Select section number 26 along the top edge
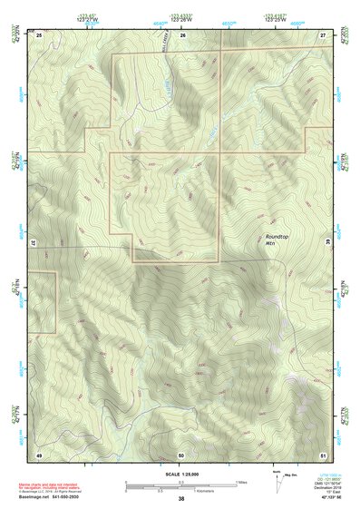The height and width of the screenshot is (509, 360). click(x=182, y=34)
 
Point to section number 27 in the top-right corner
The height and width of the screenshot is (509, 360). click(x=323, y=34)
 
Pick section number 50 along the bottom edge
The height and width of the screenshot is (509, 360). click(x=181, y=454)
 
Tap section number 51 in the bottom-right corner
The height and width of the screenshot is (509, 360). click(x=323, y=454)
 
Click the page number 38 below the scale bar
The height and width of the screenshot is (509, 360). click(x=181, y=499)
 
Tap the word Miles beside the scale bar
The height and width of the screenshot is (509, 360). click(x=240, y=482)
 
